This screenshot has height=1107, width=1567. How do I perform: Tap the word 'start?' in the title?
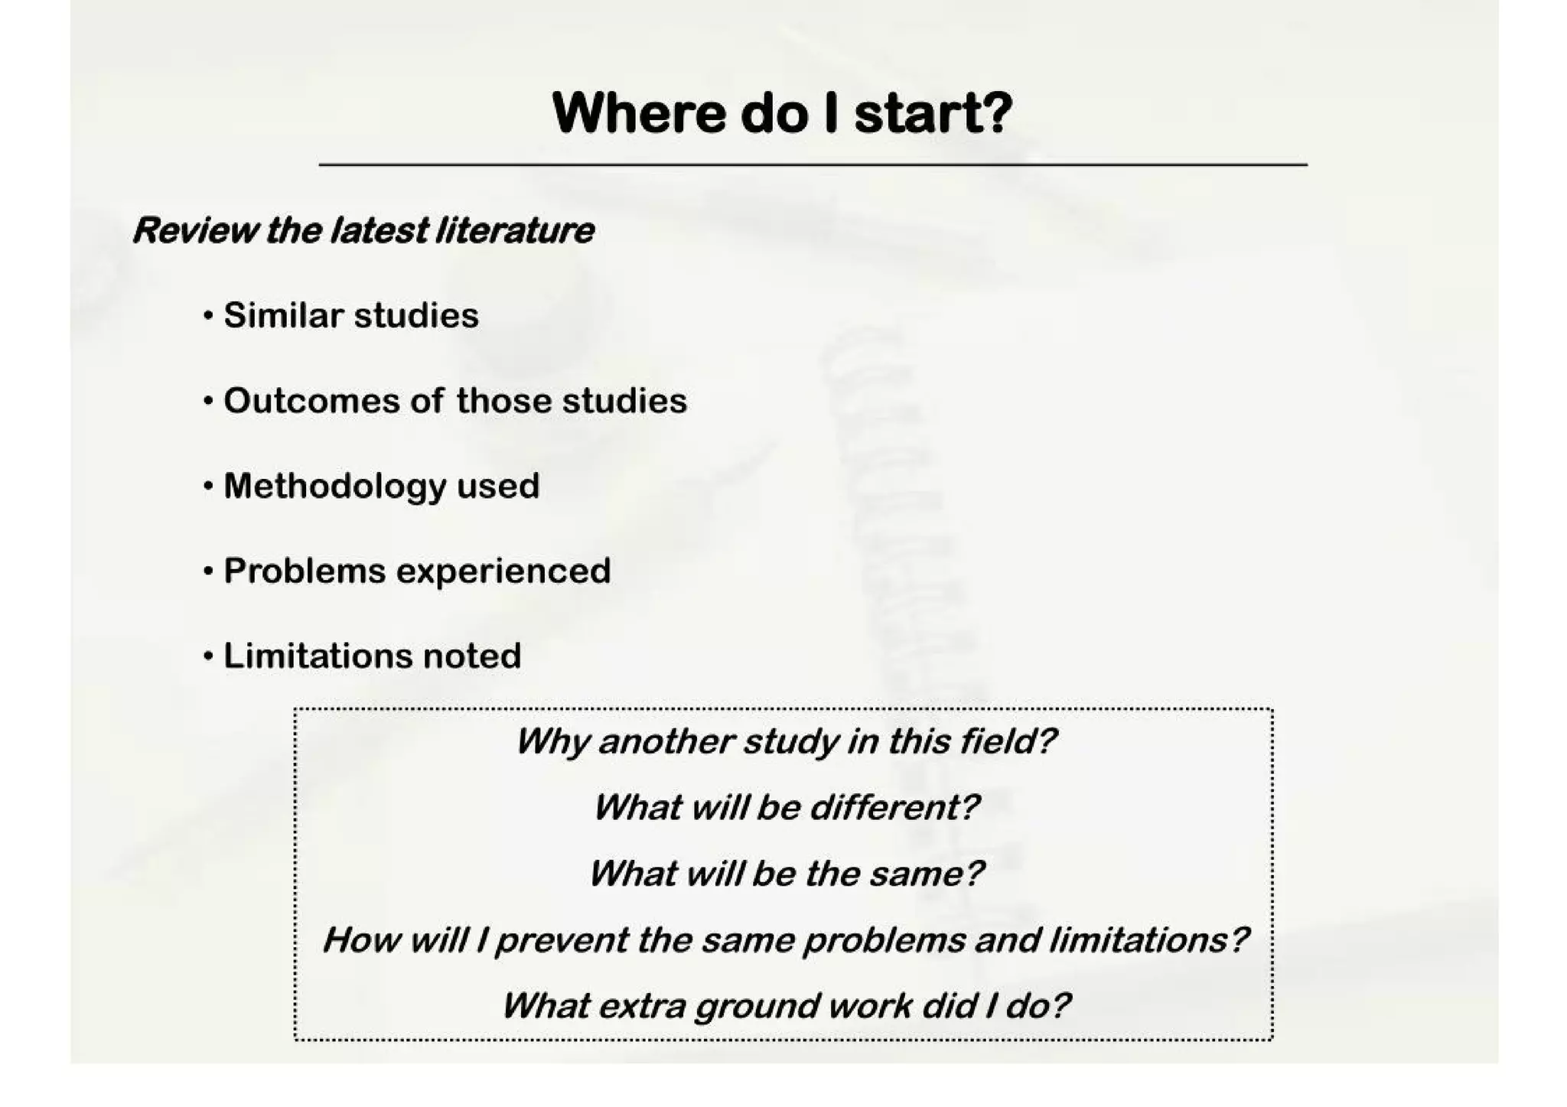[933, 113]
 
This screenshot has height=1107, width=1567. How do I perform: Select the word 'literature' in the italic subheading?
[514, 230]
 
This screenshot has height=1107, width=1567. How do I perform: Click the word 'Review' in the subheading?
[194, 230]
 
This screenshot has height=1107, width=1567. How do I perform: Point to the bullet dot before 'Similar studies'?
[208, 316]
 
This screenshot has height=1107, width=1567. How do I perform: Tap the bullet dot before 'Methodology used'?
[208, 486]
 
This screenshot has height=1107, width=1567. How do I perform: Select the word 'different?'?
[894, 807]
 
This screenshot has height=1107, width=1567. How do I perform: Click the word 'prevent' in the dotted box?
[562, 940]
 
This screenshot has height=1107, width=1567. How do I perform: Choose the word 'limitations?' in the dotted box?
[1148, 939]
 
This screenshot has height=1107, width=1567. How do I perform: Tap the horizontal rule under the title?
[813, 164]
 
